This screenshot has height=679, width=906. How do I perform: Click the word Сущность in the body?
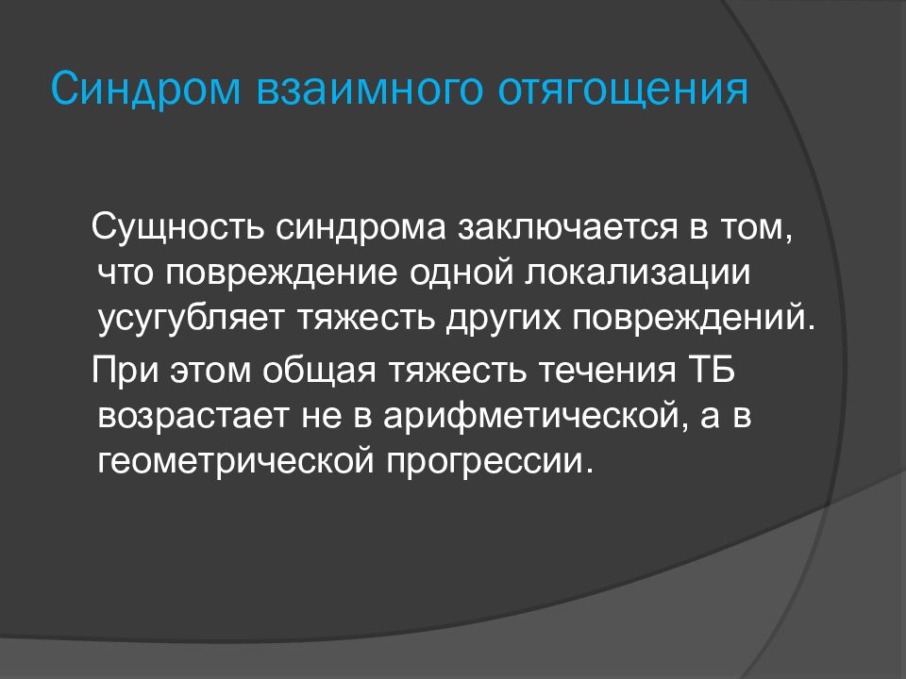[176, 228]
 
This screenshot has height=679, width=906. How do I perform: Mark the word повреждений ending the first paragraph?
[688, 316]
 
